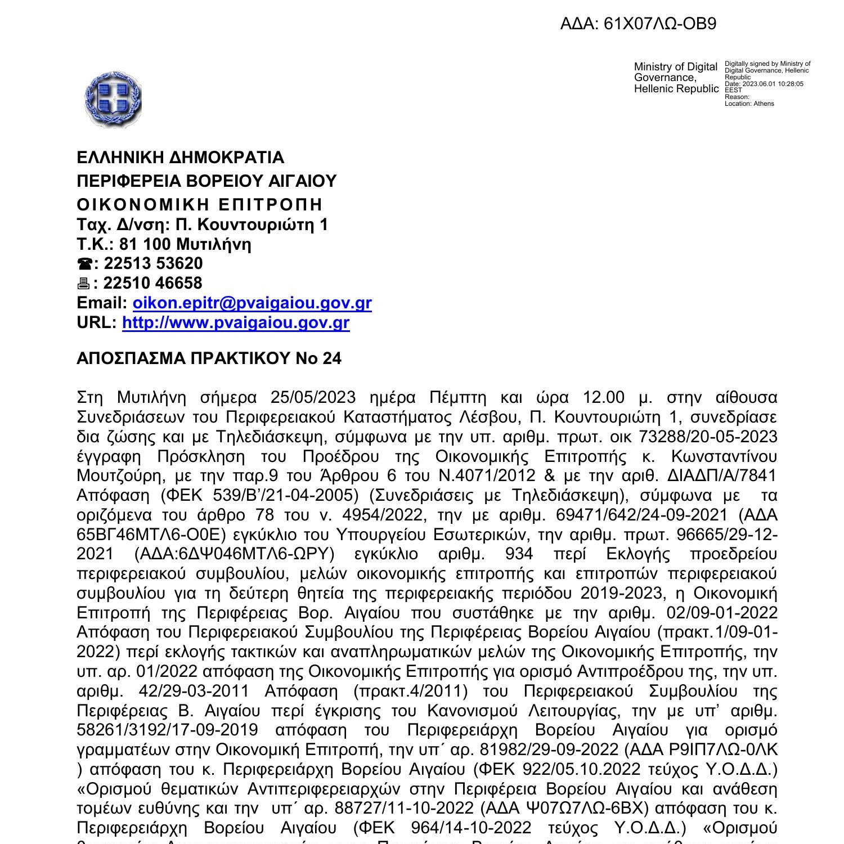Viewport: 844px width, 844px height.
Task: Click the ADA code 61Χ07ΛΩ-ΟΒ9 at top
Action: (638, 24)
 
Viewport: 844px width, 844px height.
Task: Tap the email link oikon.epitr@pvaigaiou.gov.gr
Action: (252, 303)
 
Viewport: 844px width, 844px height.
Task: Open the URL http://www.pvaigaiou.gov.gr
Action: (236, 322)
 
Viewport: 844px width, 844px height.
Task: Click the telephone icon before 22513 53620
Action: (84, 264)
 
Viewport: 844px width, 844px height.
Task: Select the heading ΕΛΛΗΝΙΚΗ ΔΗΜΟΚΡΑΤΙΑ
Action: (180, 157)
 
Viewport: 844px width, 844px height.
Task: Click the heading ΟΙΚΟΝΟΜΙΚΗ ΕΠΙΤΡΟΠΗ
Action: (200, 204)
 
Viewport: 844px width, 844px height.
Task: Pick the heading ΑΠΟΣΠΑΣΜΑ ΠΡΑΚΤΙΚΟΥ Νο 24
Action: (209, 358)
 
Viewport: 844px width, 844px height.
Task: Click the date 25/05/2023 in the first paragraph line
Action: (313, 398)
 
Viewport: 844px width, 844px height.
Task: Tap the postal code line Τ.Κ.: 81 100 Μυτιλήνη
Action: (164, 244)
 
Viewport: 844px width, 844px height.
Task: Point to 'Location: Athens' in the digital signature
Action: (749, 104)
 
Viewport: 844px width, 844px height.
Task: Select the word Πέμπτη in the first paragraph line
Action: (457, 398)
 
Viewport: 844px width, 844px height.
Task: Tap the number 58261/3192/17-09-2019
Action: (167, 730)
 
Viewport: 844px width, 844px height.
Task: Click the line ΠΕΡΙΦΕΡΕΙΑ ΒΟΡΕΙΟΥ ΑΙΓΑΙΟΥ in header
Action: (206, 181)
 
